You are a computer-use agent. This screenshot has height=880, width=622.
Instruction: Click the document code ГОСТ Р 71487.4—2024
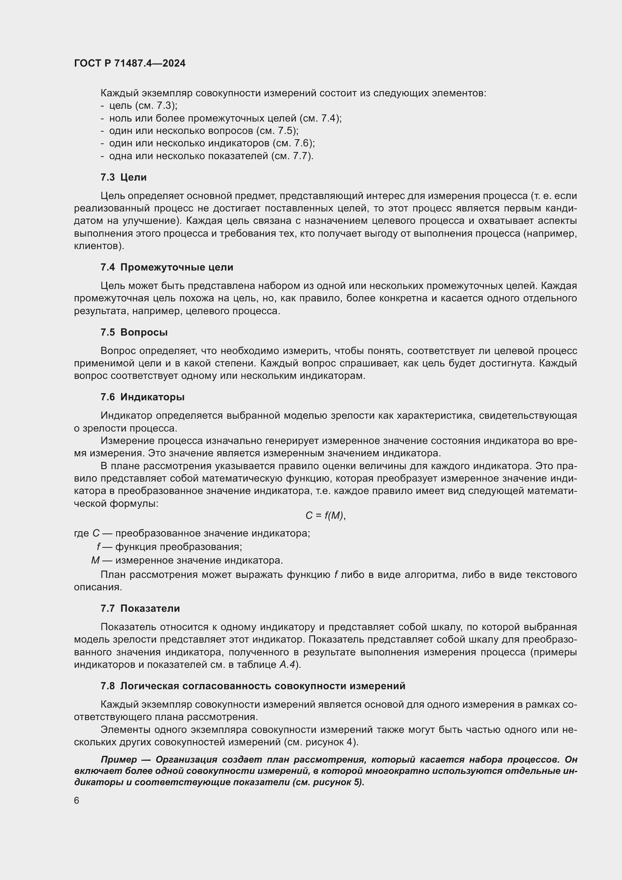pyautogui.click(x=129, y=63)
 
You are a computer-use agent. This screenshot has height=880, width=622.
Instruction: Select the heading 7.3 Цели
pyautogui.click(x=123, y=177)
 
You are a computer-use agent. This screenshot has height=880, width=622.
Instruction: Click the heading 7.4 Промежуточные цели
pyautogui.click(x=167, y=267)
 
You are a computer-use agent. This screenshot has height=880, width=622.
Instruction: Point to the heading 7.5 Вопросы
pyautogui.click(x=134, y=332)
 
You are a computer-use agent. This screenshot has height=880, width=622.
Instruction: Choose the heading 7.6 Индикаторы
pyautogui.click(x=143, y=397)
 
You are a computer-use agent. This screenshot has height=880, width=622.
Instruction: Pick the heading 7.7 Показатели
pyautogui.click(x=140, y=608)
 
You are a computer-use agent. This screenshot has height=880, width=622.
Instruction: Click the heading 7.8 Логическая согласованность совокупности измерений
pyautogui.click(x=253, y=686)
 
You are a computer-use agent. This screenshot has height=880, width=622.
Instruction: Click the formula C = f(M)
pyautogui.click(x=325, y=515)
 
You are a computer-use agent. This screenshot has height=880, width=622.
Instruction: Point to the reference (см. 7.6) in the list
pyautogui.click(x=293, y=143)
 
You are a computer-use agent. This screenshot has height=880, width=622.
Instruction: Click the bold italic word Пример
pyautogui.click(x=118, y=759)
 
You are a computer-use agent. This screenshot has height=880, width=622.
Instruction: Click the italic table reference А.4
pyautogui.click(x=287, y=664)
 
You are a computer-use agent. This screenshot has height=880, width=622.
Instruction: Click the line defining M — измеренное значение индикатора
pyautogui.click(x=187, y=560)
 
